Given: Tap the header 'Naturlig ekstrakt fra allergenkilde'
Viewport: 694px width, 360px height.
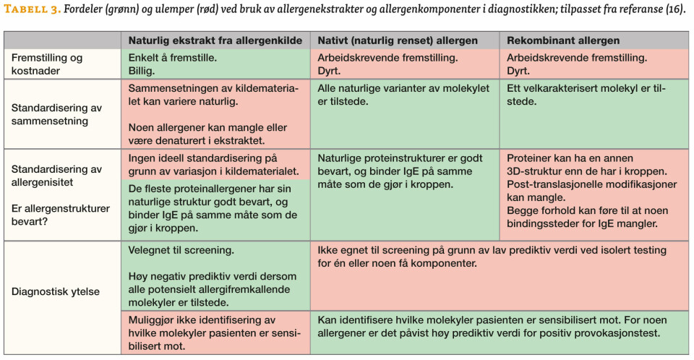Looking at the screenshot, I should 213,41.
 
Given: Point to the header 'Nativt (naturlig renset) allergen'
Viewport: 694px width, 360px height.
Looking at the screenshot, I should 396,41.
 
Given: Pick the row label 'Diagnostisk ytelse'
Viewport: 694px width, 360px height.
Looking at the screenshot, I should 56,292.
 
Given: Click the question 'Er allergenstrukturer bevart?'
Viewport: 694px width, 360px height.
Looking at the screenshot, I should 60,214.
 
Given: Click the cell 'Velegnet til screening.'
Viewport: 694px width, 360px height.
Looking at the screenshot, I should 181,250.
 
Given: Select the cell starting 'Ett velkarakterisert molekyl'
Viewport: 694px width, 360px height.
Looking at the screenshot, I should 586,95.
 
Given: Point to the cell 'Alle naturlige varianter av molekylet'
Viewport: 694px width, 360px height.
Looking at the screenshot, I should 403,95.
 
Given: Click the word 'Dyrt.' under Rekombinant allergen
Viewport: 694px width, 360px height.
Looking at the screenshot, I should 518,72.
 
